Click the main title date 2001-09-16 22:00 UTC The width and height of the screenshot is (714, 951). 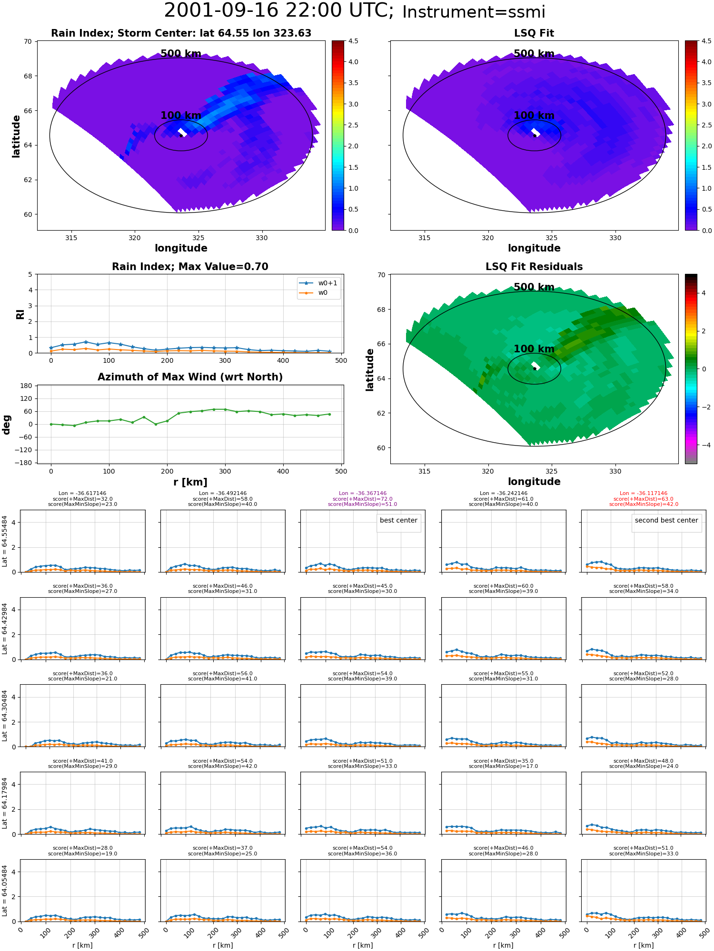[279, 11]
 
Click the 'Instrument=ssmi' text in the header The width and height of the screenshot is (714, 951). [474, 12]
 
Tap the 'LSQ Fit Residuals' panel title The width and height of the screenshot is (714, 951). [534, 267]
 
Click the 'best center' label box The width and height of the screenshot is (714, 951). [398, 521]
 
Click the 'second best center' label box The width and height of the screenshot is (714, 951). [666, 521]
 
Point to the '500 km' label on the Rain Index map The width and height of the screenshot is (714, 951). [181, 54]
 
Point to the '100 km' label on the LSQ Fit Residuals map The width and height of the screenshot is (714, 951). [534, 349]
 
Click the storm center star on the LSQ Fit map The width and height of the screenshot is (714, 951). [535, 136]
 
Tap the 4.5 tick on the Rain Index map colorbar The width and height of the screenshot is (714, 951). [353, 41]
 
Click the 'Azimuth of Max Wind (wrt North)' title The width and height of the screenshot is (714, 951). [190, 377]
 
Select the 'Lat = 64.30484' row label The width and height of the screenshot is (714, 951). [5, 716]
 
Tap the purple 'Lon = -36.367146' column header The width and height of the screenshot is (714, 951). [363, 494]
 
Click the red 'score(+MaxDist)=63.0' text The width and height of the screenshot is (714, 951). [644, 499]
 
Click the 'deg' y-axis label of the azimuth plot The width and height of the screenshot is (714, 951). [7, 424]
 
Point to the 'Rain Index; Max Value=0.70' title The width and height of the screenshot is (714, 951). [190, 267]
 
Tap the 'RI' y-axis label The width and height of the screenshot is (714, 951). [20, 314]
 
